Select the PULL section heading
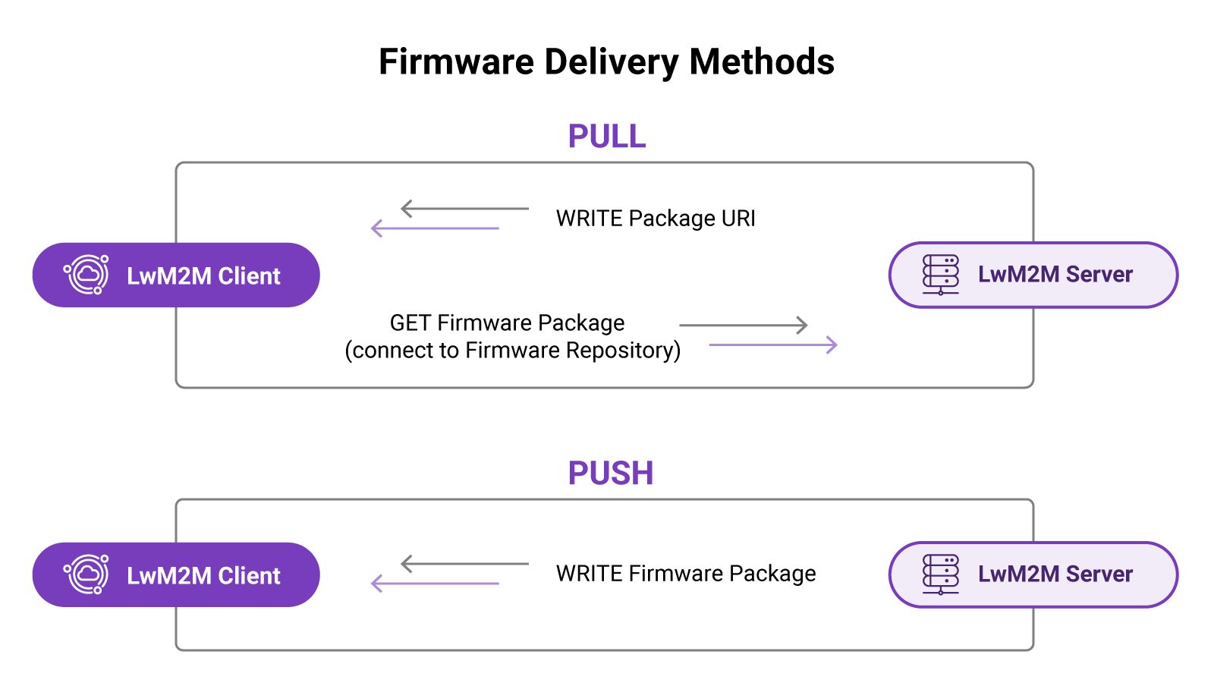point(606,137)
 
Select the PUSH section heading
point(610,474)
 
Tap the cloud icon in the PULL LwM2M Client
point(86,275)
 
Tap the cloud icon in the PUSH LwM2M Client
point(86,574)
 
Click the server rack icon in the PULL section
point(940,275)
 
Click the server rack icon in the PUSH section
point(940,574)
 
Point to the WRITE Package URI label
point(656,219)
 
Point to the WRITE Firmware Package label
point(685,574)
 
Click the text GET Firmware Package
point(507,323)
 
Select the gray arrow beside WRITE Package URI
point(464,209)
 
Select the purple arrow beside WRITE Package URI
point(435,228)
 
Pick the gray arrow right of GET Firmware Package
point(743,326)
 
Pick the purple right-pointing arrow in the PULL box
point(772,345)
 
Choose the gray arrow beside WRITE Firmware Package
point(464,564)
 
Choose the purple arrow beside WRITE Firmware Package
point(435,584)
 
